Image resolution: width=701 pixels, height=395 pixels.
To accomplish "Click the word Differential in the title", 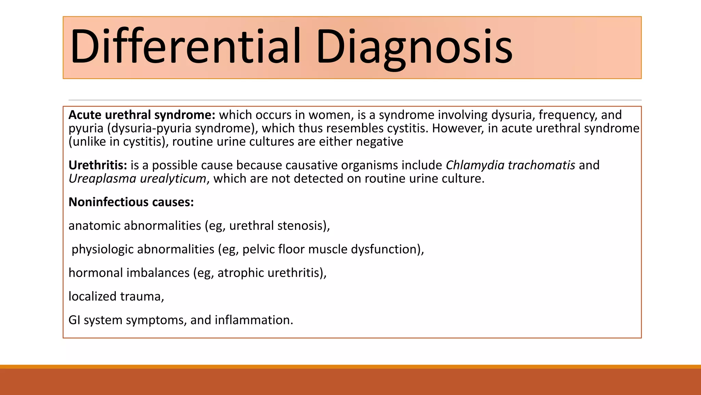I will (185, 46).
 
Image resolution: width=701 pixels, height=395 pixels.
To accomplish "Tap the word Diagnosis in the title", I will (414, 46).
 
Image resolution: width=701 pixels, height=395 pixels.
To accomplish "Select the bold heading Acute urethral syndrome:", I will (142, 115).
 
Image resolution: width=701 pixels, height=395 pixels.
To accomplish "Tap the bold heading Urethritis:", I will (98, 165).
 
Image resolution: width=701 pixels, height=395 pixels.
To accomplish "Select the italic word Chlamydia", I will (475, 165).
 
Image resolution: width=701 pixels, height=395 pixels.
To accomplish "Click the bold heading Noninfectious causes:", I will (131, 202).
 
